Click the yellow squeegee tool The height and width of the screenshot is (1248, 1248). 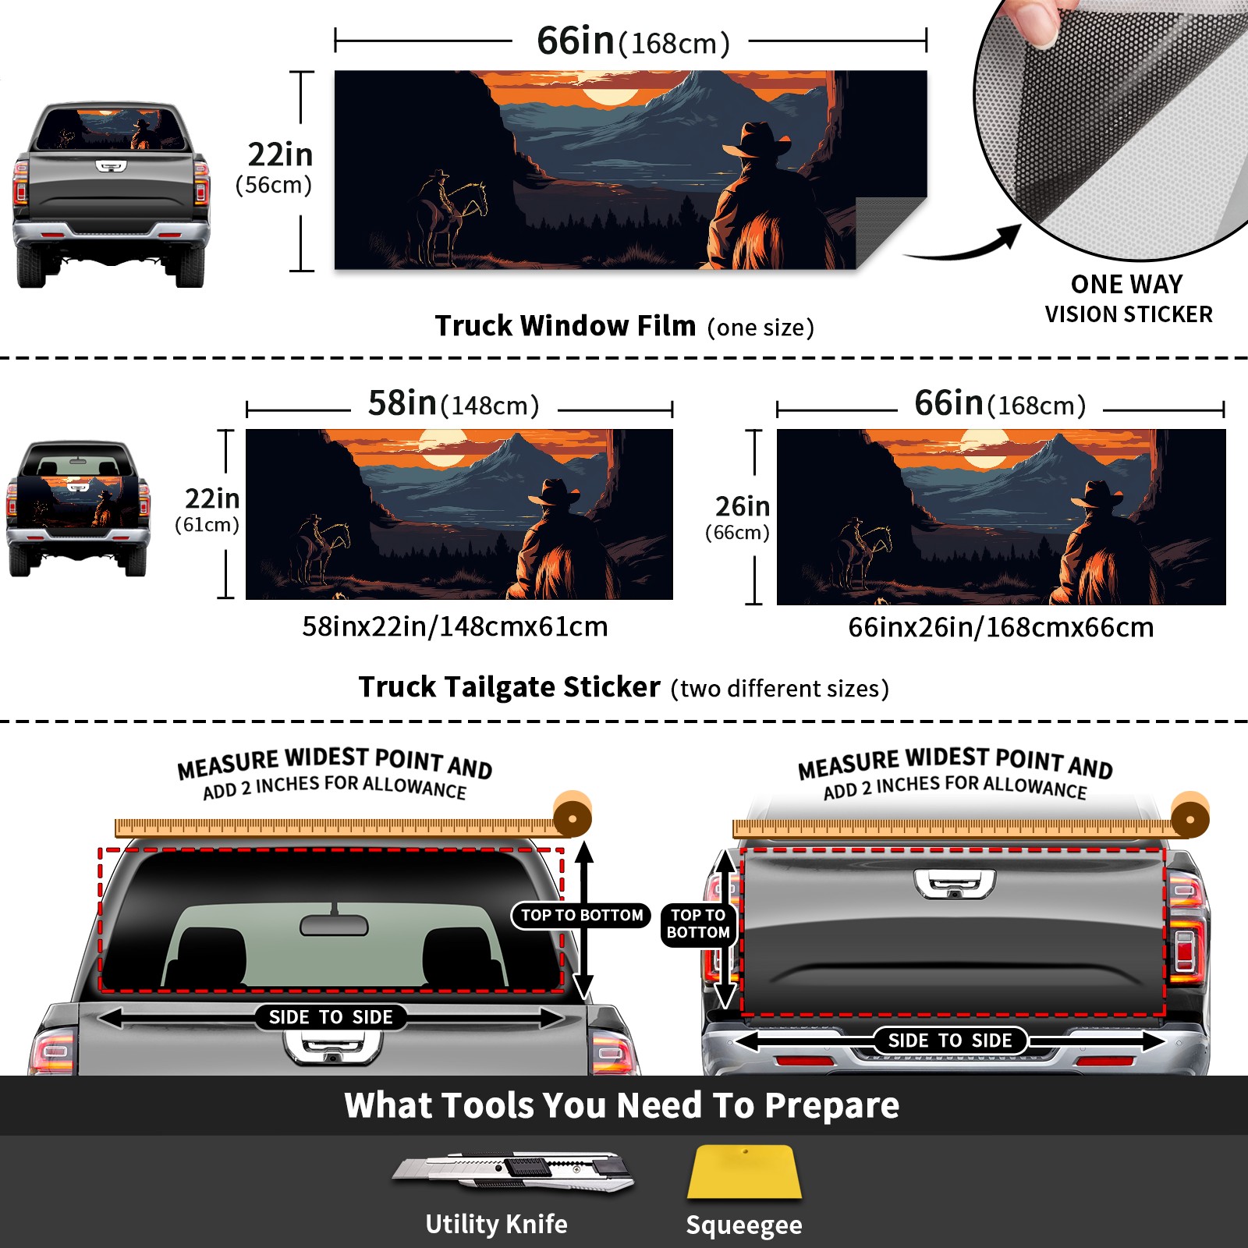[744, 1172]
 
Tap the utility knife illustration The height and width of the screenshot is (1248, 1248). [513, 1171]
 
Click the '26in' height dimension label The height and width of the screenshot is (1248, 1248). [743, 506]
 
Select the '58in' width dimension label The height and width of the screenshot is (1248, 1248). [402, 403]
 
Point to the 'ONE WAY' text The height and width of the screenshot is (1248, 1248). [1126, 284]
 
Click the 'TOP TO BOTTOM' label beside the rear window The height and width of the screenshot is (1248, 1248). [582, 915]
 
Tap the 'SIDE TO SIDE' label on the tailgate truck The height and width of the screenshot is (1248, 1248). [950, 1041]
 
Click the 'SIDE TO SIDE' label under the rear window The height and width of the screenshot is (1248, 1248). [331, 1017]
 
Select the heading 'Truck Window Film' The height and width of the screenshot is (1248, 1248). [565, 325]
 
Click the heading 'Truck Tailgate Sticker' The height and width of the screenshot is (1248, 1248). [509, 687]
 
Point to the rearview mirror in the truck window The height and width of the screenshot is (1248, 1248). [334, 925]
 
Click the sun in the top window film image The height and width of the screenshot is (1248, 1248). [610, 96]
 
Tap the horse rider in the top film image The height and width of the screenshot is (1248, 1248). [450, 214]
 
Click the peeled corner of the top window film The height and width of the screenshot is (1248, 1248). [891, 231]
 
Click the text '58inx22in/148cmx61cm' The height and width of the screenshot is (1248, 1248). [455, 626]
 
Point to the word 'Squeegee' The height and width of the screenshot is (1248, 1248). [744, 1225]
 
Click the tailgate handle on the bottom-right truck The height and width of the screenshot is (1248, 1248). [955, 885]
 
